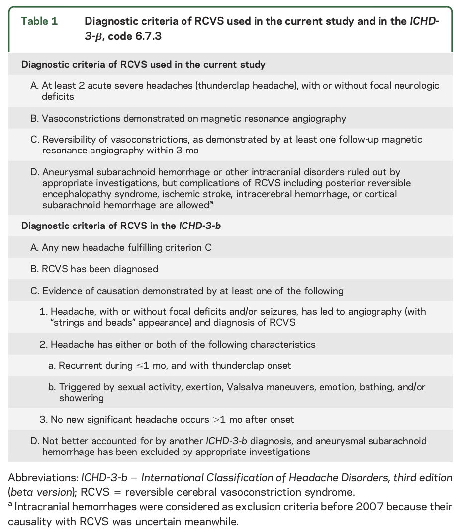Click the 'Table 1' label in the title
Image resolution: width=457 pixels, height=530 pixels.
39,22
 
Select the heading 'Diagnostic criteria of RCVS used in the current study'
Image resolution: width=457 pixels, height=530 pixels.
143,65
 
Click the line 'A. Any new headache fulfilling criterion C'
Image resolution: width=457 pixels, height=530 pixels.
121,247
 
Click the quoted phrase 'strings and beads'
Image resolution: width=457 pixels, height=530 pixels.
92,322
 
